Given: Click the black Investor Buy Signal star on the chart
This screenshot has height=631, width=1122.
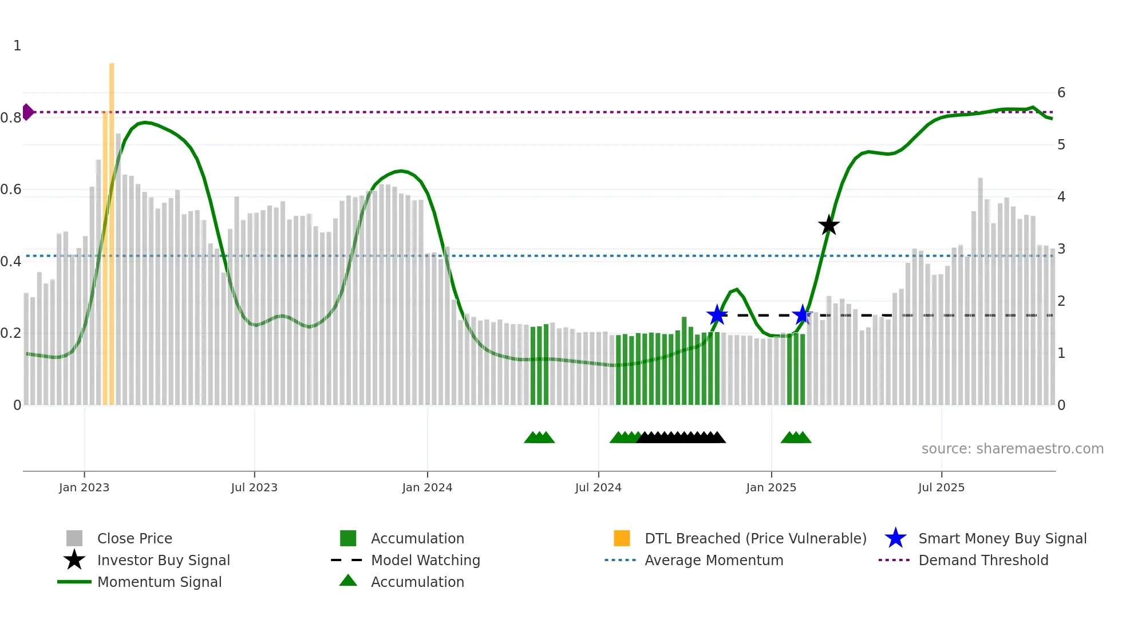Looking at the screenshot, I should pos(828,225).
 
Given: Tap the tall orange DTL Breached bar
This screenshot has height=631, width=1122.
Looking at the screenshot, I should pos(112,229).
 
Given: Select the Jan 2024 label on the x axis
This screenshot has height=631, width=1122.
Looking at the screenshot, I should pos(427,487).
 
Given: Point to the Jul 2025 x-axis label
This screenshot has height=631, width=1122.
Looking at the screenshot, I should pos(941,487).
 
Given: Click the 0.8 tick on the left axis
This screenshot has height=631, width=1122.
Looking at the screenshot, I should pos(11,118).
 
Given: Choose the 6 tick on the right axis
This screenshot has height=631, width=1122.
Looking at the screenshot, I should pos(1061,93).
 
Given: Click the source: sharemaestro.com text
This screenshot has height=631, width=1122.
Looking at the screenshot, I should pos(1012,449).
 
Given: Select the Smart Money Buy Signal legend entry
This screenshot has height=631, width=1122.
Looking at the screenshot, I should pos(1002,538).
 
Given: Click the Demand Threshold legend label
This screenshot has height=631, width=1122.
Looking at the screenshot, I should pos(983,560).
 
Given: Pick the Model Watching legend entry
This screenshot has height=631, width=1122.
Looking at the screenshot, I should pos(425,560).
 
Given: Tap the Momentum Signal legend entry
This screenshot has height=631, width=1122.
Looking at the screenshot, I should pos(159,582).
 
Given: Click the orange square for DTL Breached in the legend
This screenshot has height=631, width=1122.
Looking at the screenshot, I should pos(622,538).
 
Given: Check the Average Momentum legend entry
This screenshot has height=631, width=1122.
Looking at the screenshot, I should pos(713,560).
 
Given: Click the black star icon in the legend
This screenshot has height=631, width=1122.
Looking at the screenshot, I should pos(74,560).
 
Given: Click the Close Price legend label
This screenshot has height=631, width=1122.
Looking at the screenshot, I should pos(135,538).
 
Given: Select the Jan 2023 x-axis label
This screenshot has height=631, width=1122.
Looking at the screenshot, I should pos(84,487).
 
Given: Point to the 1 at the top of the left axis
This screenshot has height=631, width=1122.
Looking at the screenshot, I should pos(17,46).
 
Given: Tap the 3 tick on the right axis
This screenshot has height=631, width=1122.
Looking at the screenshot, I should pos(1061,249).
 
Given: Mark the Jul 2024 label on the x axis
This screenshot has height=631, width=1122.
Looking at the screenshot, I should pos(598,487).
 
